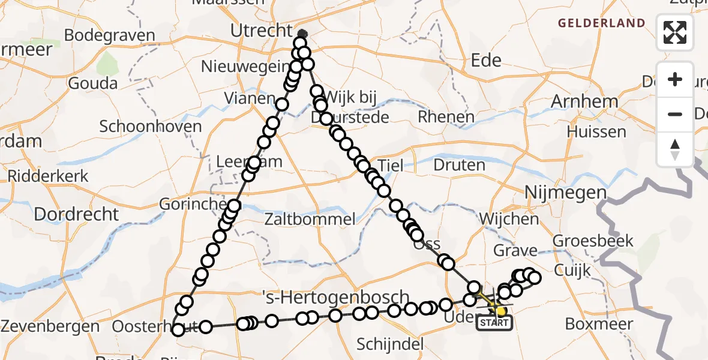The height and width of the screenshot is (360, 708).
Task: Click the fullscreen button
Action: (x=675, y=32)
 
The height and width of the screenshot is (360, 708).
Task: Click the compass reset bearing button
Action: (x=675, y=149)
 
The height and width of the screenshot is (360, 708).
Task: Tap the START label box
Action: (x=494, y=323)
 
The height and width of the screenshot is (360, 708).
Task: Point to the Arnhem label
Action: (x=584, y=101)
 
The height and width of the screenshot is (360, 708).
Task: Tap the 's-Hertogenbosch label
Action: (x=336, y=298)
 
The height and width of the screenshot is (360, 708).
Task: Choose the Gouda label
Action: (x=92, y=83)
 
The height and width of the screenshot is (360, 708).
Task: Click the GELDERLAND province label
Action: (x=602, y=23)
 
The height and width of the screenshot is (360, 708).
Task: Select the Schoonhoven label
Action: (x=150, y=127)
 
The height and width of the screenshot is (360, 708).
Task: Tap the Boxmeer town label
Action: (x=599, y=325)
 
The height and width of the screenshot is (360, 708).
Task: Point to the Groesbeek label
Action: (x=593, y=241)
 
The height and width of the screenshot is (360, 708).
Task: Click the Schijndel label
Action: (x=390, y=344)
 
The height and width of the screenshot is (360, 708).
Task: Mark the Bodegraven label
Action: (x=109, y=35)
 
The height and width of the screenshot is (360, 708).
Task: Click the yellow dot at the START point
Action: (x=500, y=311)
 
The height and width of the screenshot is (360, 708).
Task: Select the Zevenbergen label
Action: (x=50, y=327)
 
